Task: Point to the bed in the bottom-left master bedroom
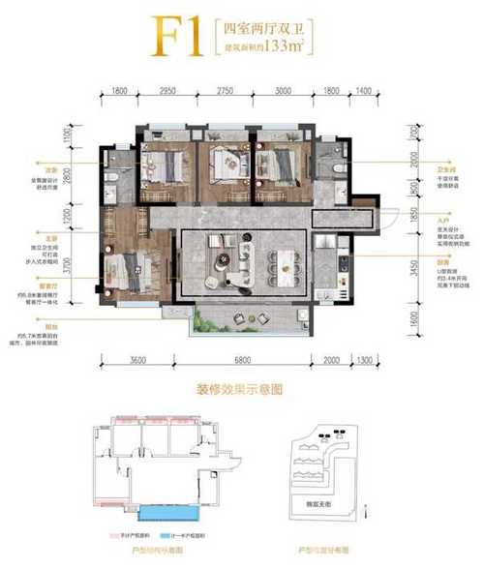[x=131, y=266]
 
